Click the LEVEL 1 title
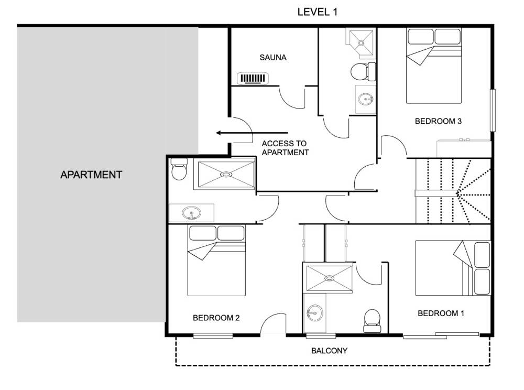(x=317, y=12)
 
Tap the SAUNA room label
(x=273, y=58)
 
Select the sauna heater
(x=253, y=79)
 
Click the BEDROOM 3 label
(x=438, y=121)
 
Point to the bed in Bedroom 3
(x=434, y=66)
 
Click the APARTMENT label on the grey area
(x=91, y=175)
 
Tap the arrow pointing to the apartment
(x=252, y=133)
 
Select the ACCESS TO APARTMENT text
(x=285, y=148)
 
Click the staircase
(x=453, y=191)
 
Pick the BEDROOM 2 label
(x=216, y=318)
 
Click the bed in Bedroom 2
(x=216, y=261)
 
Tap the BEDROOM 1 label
(x=441, y=313)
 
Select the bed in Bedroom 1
(x=453, y=268)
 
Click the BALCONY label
(x=329, y=351)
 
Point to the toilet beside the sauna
(x=363, y=71)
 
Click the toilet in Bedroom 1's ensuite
(x=372, y=320)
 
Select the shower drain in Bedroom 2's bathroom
(x=226, y=174)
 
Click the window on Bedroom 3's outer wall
(x=493, y=110)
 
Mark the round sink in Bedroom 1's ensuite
(x=315, y=313)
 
